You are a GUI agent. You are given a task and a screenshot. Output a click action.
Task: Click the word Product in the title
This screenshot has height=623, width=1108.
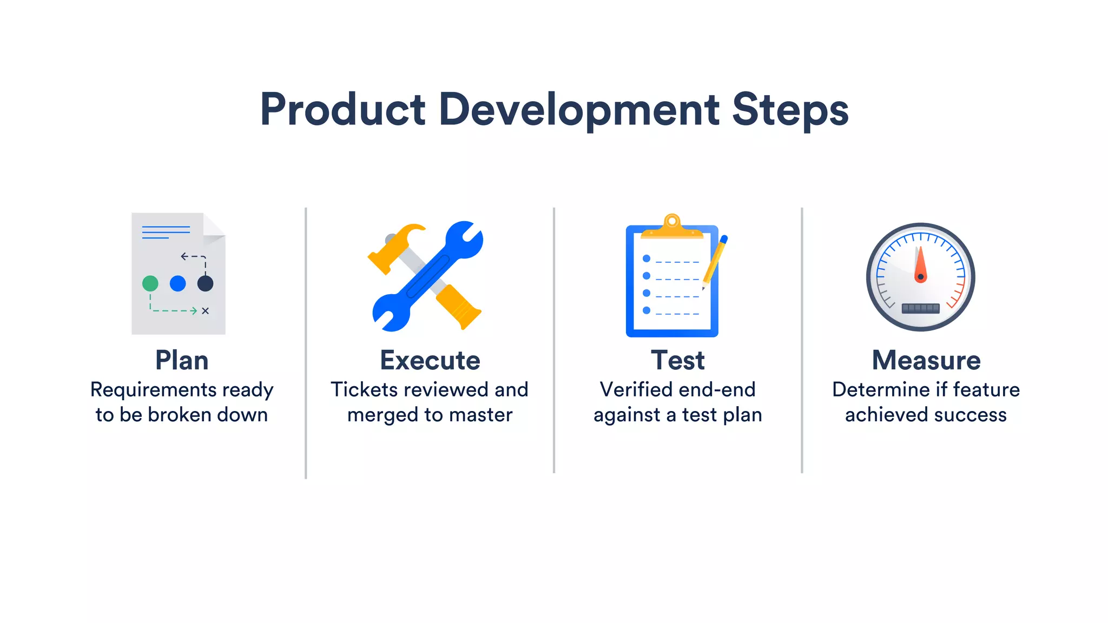coord(342,109)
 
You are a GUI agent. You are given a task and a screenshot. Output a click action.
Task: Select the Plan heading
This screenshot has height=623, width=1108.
coord(182,360)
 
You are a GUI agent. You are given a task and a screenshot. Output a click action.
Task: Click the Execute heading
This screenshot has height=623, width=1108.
coord(430,360)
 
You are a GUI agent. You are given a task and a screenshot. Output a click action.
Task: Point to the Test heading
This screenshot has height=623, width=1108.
coord(678,360)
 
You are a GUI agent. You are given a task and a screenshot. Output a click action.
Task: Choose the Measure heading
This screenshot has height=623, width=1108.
coord(926,360)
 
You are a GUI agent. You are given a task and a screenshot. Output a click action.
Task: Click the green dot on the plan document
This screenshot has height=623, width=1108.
coord(150,283)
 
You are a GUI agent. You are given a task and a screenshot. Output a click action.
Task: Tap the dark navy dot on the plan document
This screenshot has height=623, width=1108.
coord(205,283)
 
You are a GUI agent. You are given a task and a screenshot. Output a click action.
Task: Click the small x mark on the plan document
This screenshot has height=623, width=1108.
coord(205,311)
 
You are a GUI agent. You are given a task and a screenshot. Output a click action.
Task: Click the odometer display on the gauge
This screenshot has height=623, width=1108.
coord(920,308)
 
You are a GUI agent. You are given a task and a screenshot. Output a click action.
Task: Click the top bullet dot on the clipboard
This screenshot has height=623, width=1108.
coord(647,259)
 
